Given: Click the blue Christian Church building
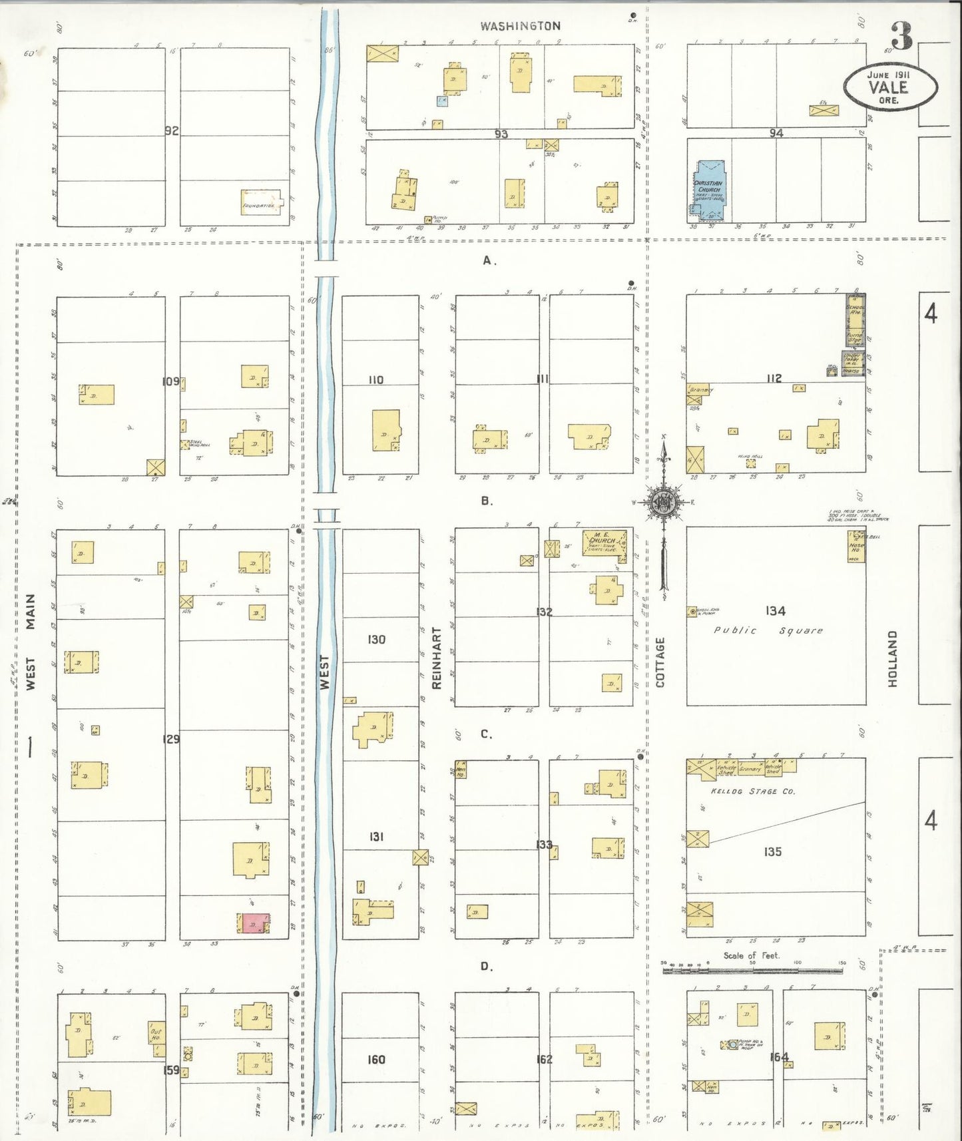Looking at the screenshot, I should (x=709, y=189).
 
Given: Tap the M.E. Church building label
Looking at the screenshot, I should (x=603, y=541).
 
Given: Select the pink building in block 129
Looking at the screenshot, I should (x=253, y=923).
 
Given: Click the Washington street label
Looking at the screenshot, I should (x=521, y=26).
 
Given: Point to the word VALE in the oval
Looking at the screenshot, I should (x=888, y=87).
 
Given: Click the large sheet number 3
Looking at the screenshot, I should (x=901, y=37).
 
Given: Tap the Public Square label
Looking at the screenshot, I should (x=768, y=630).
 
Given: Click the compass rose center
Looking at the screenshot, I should (x=663, y=503).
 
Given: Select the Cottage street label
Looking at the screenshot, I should (x=660, y=662).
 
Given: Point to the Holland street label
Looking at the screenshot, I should (x=892, y=659).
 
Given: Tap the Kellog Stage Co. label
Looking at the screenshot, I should (x=752, y=792).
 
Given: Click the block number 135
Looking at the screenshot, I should (x=772, y=851).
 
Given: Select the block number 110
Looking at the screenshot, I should (x=376, y=379).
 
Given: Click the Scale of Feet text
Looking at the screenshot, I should (x=751, y=955).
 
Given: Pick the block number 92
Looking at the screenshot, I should (x=172, y=130).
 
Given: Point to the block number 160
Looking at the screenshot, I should (x=376, y=1059).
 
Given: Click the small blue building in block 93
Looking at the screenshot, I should (x=442, y=101).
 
